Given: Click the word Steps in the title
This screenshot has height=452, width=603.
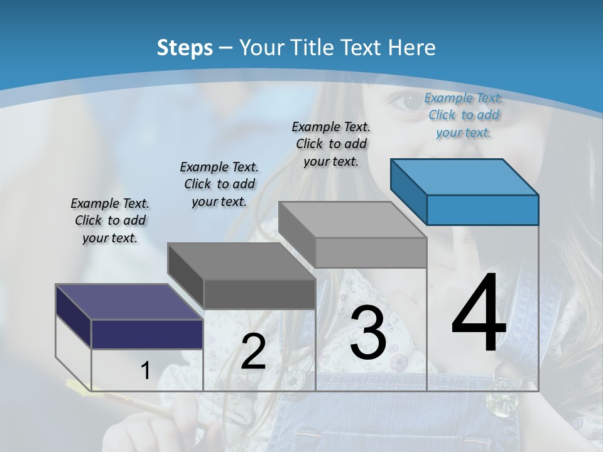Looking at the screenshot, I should pos(185,48).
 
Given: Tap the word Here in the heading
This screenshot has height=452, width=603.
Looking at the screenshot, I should pos(412,48).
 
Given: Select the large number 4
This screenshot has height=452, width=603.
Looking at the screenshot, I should pos(479,314).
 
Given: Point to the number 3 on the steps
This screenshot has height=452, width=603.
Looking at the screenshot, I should pos(367,333).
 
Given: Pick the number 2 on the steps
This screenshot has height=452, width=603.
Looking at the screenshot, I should pos(253,352).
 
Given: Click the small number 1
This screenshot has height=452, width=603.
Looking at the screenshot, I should pos(145,371).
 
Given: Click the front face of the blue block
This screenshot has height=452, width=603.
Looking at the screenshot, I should pos(482,210).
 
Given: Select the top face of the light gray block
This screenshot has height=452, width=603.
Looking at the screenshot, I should pos(352,220).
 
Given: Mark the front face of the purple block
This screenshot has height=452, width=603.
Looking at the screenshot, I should pos(147,334).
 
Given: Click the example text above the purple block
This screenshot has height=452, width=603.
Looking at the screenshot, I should pos(110,220).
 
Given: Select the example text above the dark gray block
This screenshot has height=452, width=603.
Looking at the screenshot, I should pos(219,184).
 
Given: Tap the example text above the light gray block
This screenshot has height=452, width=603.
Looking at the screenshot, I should pos(331,144).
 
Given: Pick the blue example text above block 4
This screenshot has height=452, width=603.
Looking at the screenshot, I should pos(464,115).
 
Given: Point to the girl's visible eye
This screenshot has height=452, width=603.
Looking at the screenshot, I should pos(403,101).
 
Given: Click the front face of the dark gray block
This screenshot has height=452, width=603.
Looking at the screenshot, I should pos(259,294).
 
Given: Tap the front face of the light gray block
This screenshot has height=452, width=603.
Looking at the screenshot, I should pos(371,252).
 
